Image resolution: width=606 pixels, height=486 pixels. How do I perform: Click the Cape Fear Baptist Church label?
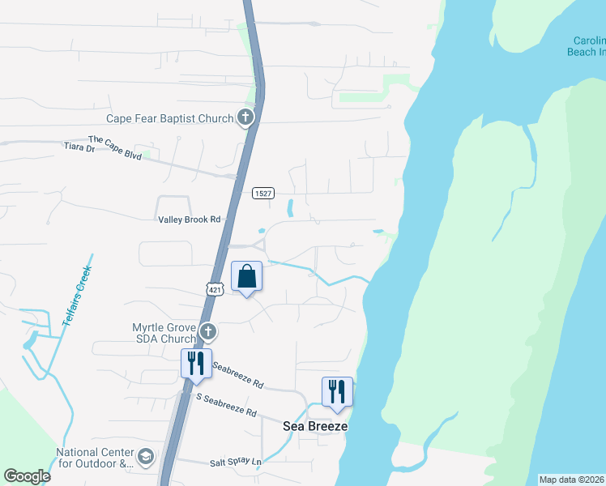point(169,118)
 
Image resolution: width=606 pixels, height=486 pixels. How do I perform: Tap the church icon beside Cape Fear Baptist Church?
point(245,118)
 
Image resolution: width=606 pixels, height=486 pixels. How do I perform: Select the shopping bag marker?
point(247,276)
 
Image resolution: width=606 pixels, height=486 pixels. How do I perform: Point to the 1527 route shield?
point(262,193)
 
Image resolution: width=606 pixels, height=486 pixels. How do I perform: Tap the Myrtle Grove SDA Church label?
point(164,333)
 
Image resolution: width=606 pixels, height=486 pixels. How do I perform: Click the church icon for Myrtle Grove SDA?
point(208,331)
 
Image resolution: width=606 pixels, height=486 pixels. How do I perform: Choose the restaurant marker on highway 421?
point(195,364)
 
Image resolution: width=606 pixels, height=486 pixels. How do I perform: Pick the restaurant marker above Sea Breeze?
point(337,392)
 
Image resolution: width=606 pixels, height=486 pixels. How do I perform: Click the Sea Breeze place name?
point(315,426)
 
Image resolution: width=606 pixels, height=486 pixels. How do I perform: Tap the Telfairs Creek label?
point(76,296)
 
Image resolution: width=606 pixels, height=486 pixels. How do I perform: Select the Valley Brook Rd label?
point(188,219)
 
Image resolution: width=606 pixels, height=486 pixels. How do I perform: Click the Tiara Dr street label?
point(79,147)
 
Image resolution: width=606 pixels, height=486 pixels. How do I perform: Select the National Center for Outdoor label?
point(94,458)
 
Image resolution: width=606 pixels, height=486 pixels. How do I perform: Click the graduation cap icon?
point(146,458)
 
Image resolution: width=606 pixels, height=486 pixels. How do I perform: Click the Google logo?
point(27,476)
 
